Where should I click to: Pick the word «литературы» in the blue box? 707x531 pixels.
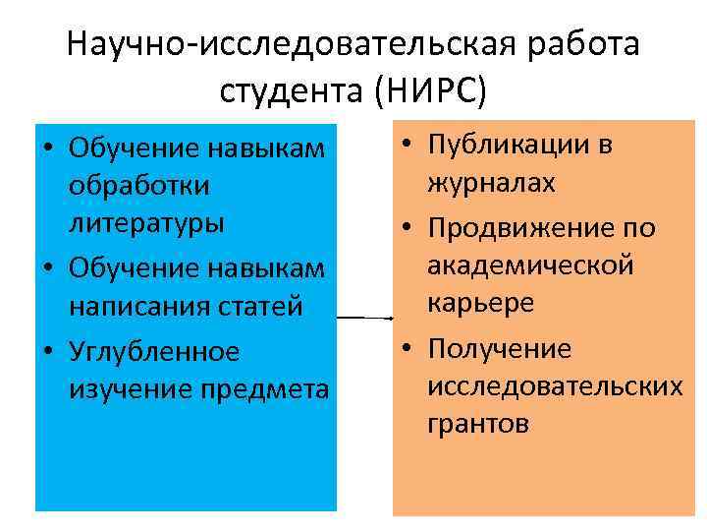147,222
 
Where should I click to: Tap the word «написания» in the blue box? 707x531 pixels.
138,307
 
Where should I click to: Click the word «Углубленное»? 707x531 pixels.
154,350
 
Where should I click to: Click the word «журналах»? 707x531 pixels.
492,184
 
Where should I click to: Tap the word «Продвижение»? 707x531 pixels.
526,228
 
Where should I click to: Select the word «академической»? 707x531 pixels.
530,265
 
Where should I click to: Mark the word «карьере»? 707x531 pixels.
481,303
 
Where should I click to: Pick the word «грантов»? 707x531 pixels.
479,424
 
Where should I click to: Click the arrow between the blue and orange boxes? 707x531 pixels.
364,319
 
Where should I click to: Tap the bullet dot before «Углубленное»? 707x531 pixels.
47,351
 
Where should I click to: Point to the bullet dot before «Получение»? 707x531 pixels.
405,349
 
